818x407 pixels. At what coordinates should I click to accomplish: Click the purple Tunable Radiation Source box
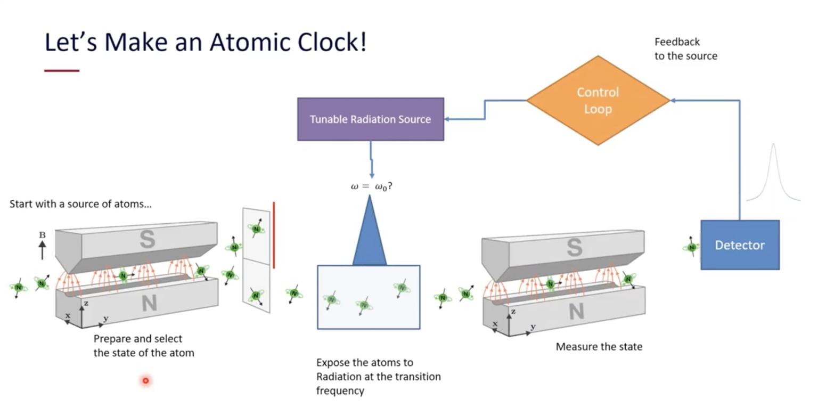pyautogui.click(x=370, y=119)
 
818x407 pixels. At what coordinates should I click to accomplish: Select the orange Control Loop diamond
pyautogui.click(x=598, y=100)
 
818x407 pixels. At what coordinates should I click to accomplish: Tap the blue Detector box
pyautogui.click(x=740, y=245)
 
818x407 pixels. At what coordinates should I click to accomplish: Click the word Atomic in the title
pyautogui.click(x=250, y=42)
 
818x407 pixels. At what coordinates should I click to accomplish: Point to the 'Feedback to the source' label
pyautogui.click(x=685, y=49)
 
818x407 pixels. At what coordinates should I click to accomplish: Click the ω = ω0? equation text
pyautogui.click(x=371, y=186)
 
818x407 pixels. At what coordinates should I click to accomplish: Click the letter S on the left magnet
pyautogui.click(x=148, y=240)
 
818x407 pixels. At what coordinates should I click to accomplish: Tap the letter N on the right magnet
pyautogui.click(x=576, y=312)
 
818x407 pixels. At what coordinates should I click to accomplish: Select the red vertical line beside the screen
pyautogui.click(x=274, y=235)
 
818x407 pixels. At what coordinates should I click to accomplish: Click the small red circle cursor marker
pyautogui.click(x=145, y=380)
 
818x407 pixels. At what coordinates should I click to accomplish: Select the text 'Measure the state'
pyautogui.click(x=599, y=347)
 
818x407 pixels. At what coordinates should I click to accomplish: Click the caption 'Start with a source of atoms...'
pyautogui.click(x=80, y=204)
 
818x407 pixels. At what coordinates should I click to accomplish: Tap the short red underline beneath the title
pyautogui.click(x=62, y=70)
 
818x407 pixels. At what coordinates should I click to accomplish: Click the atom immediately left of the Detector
pyautogui.click(x=691, y=247)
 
